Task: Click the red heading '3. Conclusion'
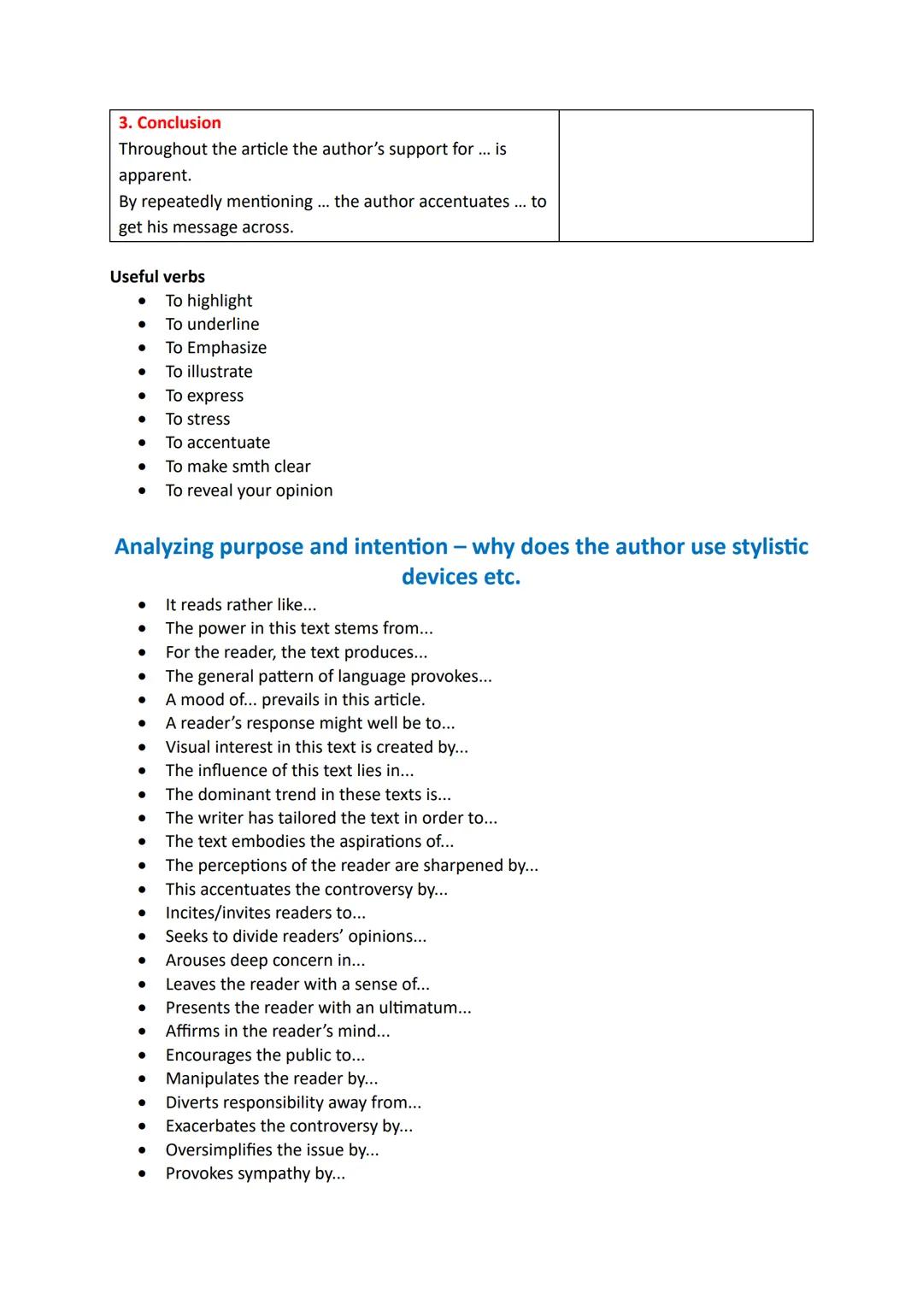[x=169, y=123]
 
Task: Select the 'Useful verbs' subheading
[x=157, y=277]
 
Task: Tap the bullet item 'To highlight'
[x=209, y=301]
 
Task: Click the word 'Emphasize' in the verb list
[x=226, y=348]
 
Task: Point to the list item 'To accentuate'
[x=217, y=443]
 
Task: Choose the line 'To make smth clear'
[x=238, y=467]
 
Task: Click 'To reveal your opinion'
[x=249, y=491]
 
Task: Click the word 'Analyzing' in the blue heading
[x=163, y=547]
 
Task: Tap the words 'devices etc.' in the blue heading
[x=461, y=577]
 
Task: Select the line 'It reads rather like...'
[x=240, y=605]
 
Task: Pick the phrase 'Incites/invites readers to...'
[x=265, y=913]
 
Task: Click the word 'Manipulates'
[x=212, y=1079]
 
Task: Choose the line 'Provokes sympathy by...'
[x=255, y=1173]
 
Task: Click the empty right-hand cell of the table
[x=685, y=175]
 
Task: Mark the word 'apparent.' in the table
[x=155, y=175]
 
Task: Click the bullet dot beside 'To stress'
[x=142, y=420]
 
